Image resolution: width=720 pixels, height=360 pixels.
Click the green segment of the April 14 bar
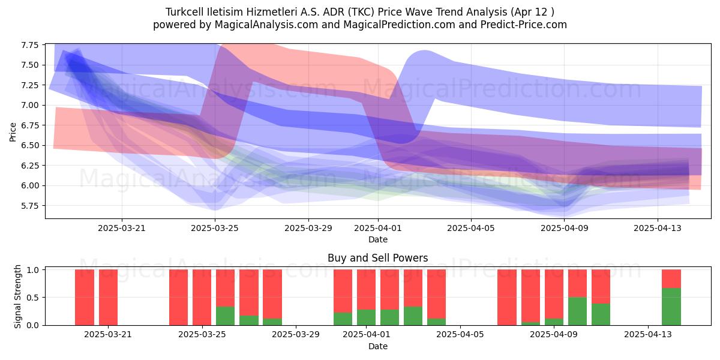[671, 307]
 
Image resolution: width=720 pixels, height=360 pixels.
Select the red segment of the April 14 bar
[671, 278]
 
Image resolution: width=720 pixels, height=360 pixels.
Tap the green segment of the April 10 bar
[577, 311]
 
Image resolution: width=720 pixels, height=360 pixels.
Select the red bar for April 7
[507, 298]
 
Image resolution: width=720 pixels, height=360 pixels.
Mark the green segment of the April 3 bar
[413, 316]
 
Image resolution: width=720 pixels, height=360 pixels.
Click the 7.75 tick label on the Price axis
[29, 45]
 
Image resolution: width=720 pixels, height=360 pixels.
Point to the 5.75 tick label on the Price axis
[29, 206]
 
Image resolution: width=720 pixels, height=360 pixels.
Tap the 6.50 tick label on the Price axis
[29, 145]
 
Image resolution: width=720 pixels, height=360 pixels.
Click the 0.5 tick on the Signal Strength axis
[32, 298]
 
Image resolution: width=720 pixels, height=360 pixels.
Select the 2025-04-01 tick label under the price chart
[377, 228]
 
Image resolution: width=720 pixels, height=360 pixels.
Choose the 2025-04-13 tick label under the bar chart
[647, 335]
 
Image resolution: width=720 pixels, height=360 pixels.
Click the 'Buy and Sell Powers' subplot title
[377, 258]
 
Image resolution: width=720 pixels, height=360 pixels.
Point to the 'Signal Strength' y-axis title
[17, 296]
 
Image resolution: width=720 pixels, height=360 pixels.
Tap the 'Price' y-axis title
[13, 132]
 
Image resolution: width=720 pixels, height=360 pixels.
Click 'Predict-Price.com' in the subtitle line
[524, 25]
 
